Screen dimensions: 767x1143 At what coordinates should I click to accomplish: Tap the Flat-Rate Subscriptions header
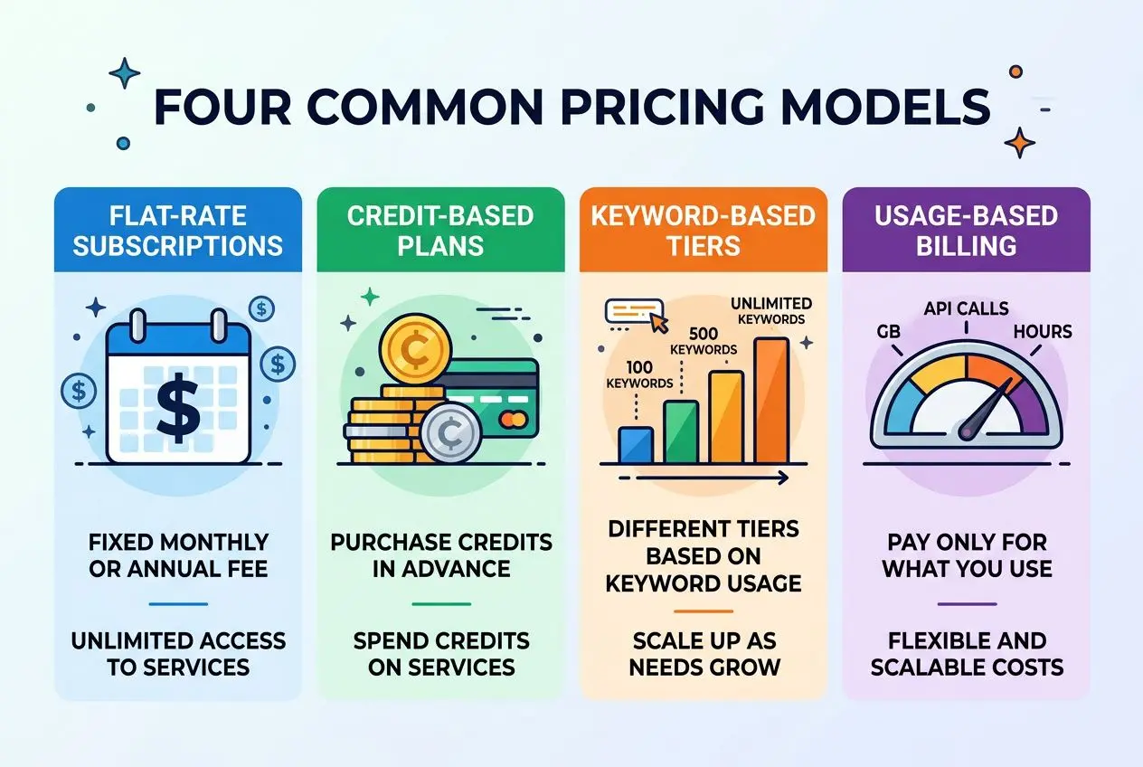pyautogui.click(x=177, y=230)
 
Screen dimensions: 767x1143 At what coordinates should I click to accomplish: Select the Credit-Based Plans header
pyautogui.click(x=440, y=230)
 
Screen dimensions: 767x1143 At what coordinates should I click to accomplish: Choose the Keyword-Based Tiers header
pyautogui.click(x=703, y=230)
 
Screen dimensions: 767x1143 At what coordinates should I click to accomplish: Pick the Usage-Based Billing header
pyautogui.click(x=966, y=230)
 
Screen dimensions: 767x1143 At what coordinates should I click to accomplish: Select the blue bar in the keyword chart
pyautogui.click(x=636, y=443)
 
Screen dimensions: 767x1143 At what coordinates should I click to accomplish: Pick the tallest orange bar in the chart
pyautogui.click(x=771, y=400)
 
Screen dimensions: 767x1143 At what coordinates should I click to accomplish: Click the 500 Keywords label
pyautogui.click(x=704, y=341)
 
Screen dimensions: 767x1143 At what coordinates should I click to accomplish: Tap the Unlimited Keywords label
pyautogui.click(x=770, y=310)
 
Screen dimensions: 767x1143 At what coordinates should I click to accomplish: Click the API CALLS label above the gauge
pyautogui.click(x=966, y=309)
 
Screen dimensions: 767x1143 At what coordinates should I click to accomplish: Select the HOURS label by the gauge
pyautogui.click(x=1042, y=331)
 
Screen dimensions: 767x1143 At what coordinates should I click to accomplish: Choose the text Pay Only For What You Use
pyautogui.click(x=966, y=555)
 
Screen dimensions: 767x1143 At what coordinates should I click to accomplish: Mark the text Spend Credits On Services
pyautogui.click(x=440, y=654)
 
